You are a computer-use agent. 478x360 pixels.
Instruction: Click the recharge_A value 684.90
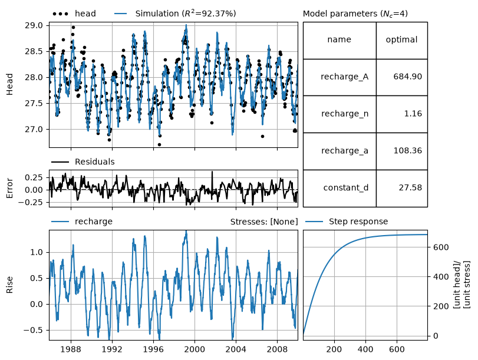408,76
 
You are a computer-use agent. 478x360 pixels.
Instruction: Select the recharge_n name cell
339,114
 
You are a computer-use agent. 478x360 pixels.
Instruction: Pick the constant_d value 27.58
410,187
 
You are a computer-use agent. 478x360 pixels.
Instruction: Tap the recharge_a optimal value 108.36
408,151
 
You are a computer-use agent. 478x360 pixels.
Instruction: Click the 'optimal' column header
401,39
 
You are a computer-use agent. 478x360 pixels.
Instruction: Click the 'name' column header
339,39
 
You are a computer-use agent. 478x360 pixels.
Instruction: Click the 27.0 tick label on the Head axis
34,129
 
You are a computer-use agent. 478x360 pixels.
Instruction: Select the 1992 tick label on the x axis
112,349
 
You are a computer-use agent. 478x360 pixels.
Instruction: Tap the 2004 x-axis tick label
236,349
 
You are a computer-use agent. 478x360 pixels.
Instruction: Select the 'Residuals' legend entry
83,161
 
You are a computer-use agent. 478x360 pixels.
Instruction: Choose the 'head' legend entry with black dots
74,14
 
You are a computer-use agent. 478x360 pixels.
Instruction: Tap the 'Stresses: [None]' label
264,222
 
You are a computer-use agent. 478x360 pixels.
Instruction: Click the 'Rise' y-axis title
9,285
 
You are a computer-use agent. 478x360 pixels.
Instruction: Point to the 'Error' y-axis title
9,189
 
